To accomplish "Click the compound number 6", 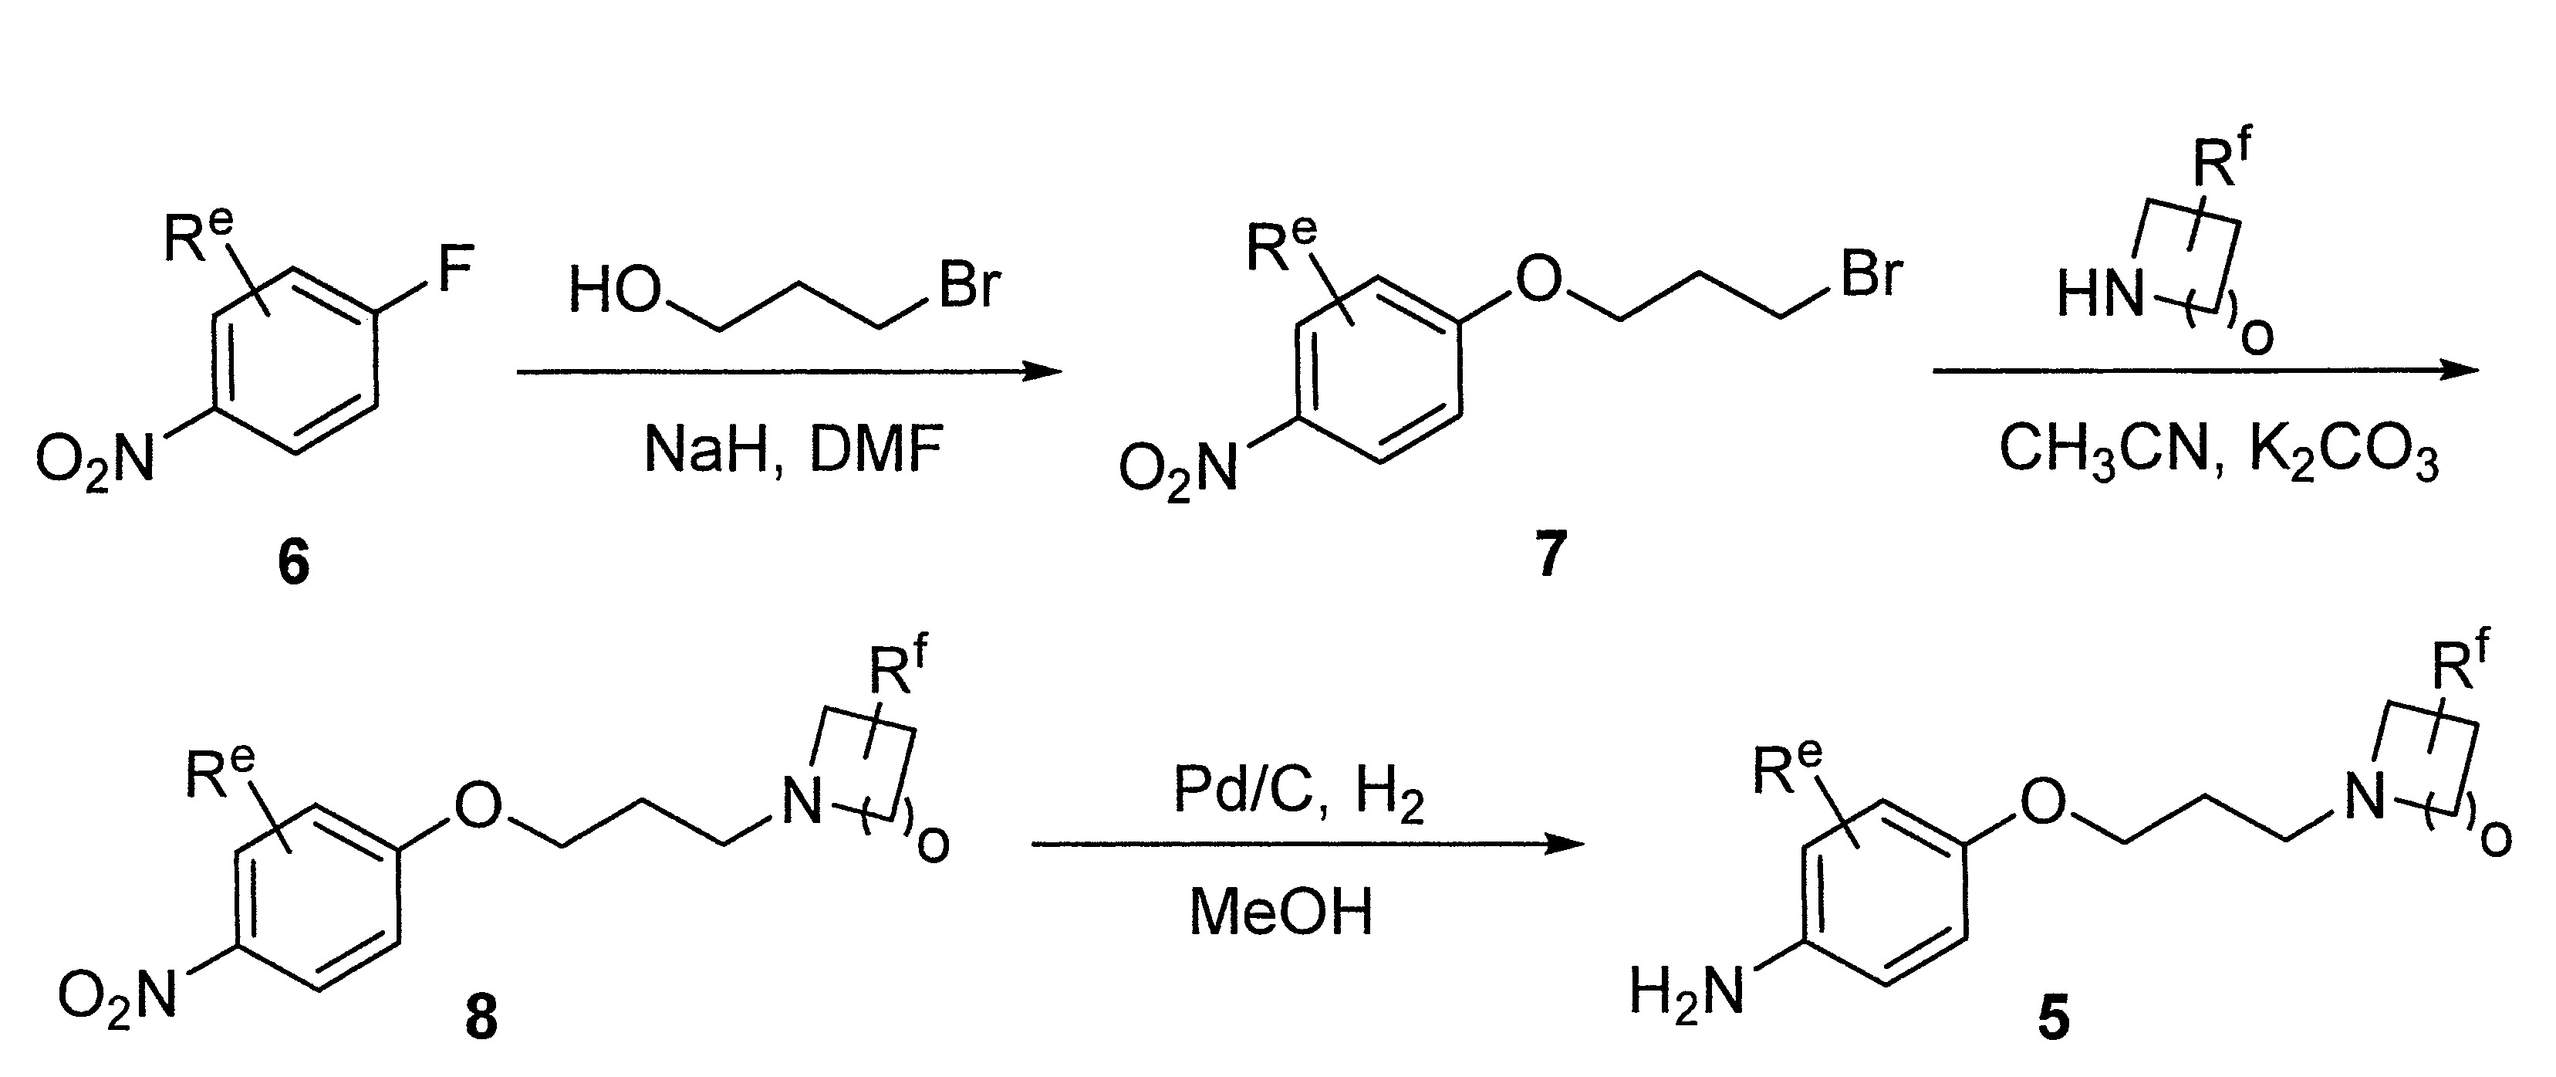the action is [294, 563].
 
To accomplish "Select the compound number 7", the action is [1549, 554].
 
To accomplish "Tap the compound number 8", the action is [481, 1017].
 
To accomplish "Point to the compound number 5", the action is [2053, 1017].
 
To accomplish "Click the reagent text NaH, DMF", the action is [792, 449].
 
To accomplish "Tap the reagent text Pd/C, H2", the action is [1299, 792].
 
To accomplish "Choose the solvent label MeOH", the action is [1281, 911].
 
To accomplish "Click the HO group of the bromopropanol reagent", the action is [615, 290].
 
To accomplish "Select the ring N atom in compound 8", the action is [802, 802].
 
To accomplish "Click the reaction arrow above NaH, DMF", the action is [788, 372].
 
